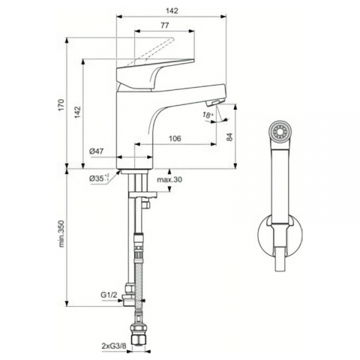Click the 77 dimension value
tap(164, 25)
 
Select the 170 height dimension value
tap(61, 105)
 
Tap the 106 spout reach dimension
tap(175, 138)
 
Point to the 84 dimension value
tap(229, 136)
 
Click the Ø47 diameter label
tap(96, 151)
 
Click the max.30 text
tap(169, 179)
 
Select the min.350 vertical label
tap(61, 233)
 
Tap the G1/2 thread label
tap(109, 295)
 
